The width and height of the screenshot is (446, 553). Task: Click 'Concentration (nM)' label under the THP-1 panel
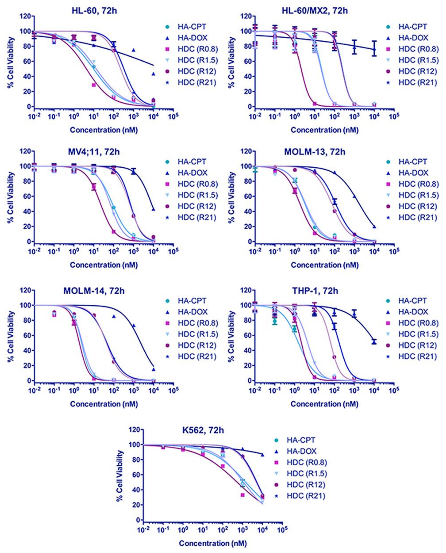(324, 404)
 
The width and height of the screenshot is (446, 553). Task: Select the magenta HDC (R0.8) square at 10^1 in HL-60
(94, 85)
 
